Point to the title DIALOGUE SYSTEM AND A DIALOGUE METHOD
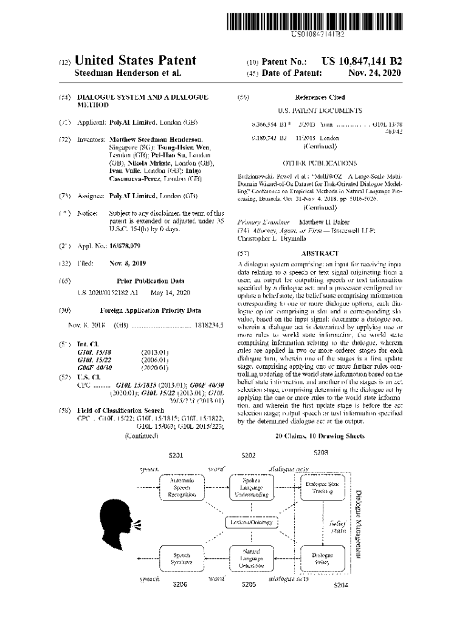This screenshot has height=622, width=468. (142, 101)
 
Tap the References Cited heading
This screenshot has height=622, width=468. (320, 97)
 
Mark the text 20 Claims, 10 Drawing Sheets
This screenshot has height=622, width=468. (320, 436)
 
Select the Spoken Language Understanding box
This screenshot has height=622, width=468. (250, 488)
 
